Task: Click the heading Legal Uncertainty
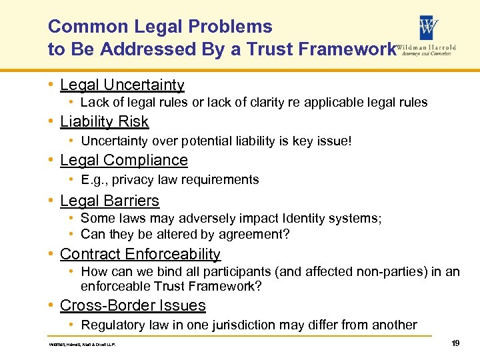click(122, 85)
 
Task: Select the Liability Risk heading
click(104, 121)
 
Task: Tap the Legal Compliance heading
click(123, 160)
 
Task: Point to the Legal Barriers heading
click(109, 201)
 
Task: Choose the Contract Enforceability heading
click(140, 254)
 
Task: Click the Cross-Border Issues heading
click(133, 305)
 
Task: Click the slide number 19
click(455, 343)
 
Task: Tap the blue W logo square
click(428, 27)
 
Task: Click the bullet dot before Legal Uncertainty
click(51, 85)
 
